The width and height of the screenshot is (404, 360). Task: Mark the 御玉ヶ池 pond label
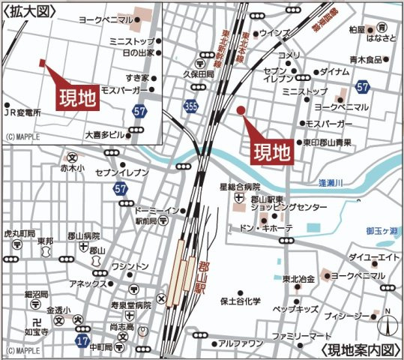(x=380, y=231)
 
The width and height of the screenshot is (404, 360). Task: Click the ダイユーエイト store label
(x=372, y=257)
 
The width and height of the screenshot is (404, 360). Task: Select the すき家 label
(x=142, y=77)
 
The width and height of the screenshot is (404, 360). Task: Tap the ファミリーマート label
(x=301, y=335)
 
